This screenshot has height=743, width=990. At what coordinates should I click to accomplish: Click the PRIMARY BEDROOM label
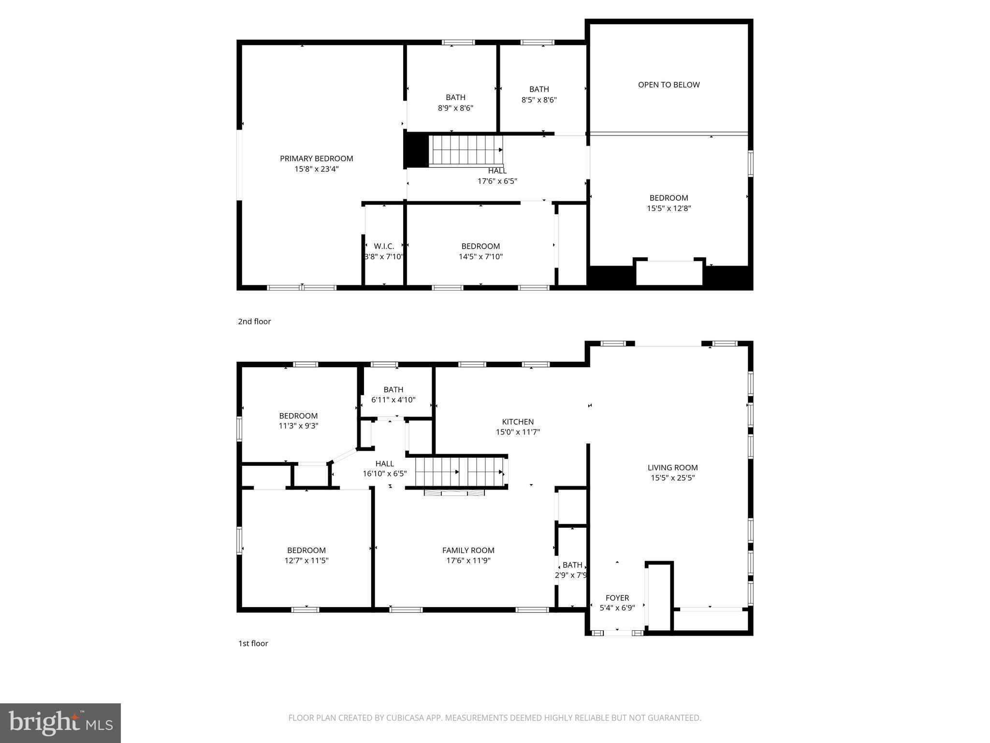pyautogui.click(x=316, y=159)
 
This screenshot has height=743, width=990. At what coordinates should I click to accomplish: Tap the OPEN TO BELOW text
pyautogui.click(x=669, y=85)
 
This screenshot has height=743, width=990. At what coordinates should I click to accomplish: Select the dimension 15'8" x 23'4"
pyautogui.click(x=316, y=169)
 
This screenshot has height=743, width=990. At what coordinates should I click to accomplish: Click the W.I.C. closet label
pyautogui.click(x=384, y=246)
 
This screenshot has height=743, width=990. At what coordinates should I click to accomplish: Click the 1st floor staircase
pyautogui.click(x=459, y=472)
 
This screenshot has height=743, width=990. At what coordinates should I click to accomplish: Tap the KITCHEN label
pyautogui.click(x=518, y=422)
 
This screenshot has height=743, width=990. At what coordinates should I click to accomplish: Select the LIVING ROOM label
pyautogui.click(x=672, y=468)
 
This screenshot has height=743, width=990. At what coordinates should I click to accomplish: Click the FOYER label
pyautogui.click(x=617, y=598)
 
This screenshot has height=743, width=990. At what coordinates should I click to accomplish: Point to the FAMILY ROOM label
pyautogui.click(x=468, y=550)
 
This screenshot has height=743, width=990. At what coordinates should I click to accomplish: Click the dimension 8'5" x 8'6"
pyautogui.click(x=539, y=100)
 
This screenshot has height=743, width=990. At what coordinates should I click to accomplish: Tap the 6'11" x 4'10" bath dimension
pyautogui.click(x=393, y=400)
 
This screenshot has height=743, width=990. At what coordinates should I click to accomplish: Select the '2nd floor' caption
pyautogui.click(x=254, y=322)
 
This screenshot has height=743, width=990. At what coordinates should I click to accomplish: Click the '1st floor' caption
pyautogui.click(x=253, y=643)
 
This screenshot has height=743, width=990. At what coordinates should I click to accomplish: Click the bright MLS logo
pyautogui.click(x=60, y=723)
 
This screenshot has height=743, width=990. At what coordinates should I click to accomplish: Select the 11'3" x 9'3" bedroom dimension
pyautogui.click(x=298, y=426)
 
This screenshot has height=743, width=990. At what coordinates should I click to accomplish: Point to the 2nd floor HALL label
pyautogui.click(x=497, y=171)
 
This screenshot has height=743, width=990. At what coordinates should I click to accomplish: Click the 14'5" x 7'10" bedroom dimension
pyautogui.click(x=480, y=257)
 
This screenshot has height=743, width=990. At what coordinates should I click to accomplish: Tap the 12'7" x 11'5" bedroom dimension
pyautogui.click(x=306, y=561)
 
